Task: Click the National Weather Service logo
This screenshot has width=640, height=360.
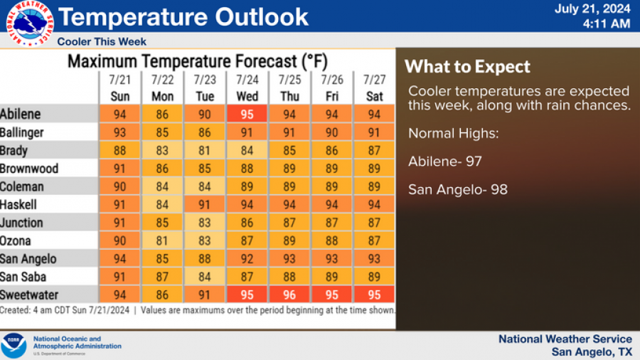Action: (30, 23)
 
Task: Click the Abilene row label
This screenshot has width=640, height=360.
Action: (21, 114)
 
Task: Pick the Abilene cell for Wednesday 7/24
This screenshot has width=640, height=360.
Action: (247, 114)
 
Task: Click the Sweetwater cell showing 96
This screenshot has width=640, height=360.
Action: (289, 295)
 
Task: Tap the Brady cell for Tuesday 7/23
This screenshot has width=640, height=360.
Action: (205, 150)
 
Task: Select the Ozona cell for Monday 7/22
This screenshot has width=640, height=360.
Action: (162, 240)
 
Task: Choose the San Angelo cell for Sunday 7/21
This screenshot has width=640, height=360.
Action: (120, 259)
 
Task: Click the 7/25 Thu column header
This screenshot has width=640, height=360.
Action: (289, 88)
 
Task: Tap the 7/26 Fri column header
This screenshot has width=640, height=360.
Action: (332, 88)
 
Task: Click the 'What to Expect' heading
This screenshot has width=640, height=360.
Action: (467, 68)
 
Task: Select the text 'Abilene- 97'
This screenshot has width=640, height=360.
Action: (444, 162)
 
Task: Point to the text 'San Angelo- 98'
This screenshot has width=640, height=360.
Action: (457, 190)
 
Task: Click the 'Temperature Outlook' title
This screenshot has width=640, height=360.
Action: (183, 16)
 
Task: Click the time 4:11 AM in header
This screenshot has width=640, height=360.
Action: (606, 24)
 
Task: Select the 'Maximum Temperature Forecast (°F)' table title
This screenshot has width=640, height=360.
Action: (197, 61)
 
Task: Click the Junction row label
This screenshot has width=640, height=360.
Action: (22, 223)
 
